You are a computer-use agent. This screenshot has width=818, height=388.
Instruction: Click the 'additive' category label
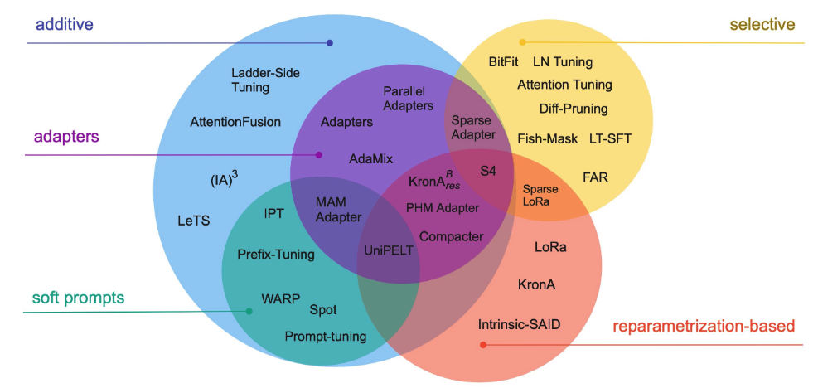pos(64,24)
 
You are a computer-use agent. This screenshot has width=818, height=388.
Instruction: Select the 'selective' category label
pos(762,24)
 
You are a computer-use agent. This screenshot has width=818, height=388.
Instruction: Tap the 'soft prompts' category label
pos(78,298)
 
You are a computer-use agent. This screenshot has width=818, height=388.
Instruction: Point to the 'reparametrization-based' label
pos(704,327)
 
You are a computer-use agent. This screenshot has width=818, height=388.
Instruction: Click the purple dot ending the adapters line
pos(319,154)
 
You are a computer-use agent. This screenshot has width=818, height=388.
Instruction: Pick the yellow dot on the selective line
pos(523,41)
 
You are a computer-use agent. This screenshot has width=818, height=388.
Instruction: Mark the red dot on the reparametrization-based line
pos(482,345)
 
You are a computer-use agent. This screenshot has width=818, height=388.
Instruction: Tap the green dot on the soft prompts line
pos(249,311)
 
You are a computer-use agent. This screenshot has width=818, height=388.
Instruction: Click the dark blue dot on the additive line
pos(329,43)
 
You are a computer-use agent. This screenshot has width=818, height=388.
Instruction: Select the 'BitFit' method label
pos(503,62)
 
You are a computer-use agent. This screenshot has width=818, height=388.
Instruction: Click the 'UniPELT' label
pos(388,250)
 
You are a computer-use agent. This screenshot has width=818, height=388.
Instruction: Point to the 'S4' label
pos(487,171)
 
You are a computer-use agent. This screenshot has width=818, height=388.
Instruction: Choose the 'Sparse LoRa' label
pos(540,196)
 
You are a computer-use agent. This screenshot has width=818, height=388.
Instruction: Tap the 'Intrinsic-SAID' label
pos(520,325)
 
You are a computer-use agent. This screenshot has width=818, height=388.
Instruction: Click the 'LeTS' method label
pos(194,221)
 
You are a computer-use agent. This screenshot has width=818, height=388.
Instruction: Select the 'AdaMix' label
pos(371,158)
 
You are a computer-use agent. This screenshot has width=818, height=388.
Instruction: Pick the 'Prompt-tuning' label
pos(326,337)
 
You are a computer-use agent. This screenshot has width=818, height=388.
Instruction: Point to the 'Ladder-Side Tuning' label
pos(266,80)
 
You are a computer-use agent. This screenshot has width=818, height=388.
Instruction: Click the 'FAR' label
pos(595,177)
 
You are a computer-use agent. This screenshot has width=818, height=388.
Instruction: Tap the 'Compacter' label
pos(451,236)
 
